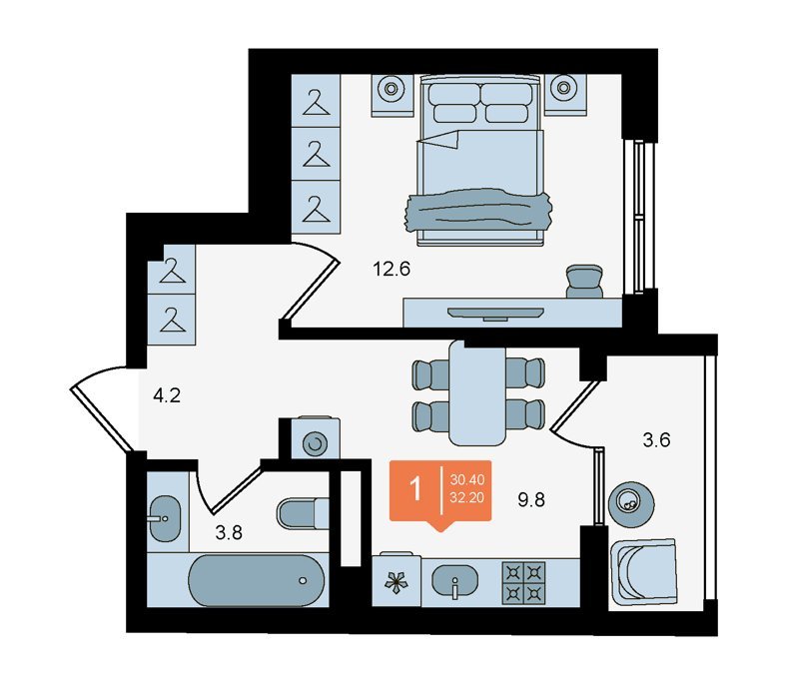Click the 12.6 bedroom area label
point(392,270)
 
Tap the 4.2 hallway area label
point(167,396)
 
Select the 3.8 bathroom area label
point(229,532)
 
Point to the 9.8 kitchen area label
point(531,499)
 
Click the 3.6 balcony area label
point(656,439)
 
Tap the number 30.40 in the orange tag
point(467,479)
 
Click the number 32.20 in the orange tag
point(467,497)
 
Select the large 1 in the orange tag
point(415,488)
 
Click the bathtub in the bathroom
point(256,580)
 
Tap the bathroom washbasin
point(165,519)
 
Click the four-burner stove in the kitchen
point(523,583)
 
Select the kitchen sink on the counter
point(454,581)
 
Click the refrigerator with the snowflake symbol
point(396,580)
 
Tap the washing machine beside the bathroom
point(316,437)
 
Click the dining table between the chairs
point(477,393)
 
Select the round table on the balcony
point(631,501)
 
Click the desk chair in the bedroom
point(584,282)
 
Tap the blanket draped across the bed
point(478,211)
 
